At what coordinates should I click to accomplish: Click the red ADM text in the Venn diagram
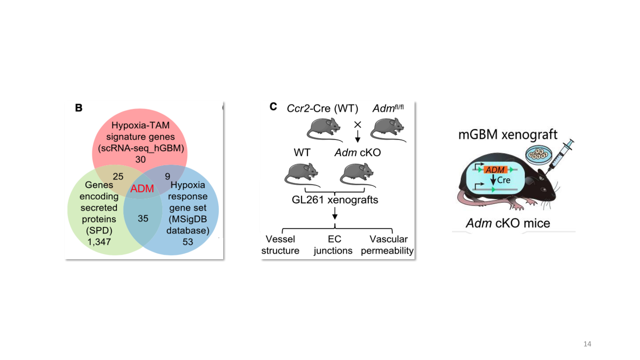pos(142,188)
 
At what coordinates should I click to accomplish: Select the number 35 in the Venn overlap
pos(143,218)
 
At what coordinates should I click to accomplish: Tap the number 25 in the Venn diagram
pos(118,176)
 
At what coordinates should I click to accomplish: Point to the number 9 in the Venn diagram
pos(168,176)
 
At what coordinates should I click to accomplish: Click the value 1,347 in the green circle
pos(99,242)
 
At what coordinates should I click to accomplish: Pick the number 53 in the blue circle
pos(188,242)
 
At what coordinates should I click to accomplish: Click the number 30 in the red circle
pos(140,160)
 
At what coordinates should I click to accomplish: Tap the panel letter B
pos(78,108)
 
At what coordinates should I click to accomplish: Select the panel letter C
pos(273,106)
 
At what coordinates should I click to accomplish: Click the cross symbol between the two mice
pos(358,124)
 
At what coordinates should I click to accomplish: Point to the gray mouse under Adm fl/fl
pos(388,130)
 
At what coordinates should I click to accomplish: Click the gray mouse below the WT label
pos(302,175)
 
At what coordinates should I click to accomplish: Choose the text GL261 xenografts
pos(335,200)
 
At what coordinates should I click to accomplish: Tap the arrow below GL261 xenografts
pos(335,213)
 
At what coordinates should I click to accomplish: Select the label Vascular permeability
pos(387,245)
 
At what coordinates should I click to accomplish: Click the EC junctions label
pos(333,245)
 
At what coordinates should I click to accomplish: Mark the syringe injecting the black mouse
pos(560,156)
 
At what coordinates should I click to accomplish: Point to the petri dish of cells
pos(538,154)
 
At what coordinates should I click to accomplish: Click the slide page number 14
pos(587,344)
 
